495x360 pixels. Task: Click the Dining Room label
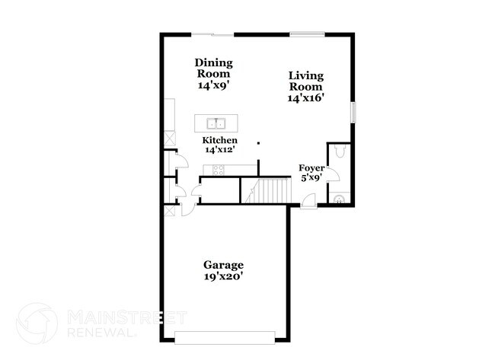[213, 68]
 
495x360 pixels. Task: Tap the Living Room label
[305, 81]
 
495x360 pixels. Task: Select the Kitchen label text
[219, 141]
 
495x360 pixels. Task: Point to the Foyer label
[311, 167]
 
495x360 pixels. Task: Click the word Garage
[222, 265]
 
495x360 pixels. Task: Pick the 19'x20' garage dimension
[222, 278]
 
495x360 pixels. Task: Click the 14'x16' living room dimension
[305, 98]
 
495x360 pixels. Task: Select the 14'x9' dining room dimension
[213, 87]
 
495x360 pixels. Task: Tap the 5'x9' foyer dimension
[311, 178]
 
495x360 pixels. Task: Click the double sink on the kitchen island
[215, 123]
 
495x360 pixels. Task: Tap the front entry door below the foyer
[308, 200]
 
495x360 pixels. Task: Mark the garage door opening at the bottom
[224, 337]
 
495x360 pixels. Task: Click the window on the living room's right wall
[353, 111]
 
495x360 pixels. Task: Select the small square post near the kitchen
[258, 142]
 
